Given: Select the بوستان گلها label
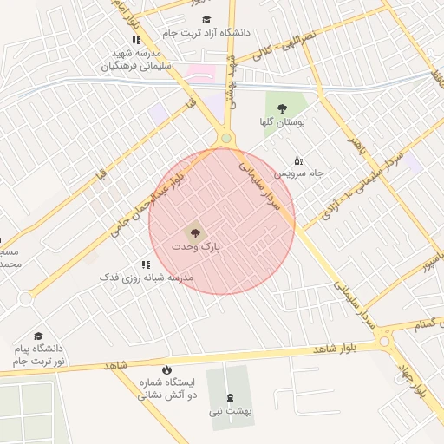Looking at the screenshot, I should point(279,122).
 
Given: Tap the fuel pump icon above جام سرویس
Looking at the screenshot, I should point(298,160).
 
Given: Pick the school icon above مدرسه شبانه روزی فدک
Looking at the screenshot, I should point(145,264).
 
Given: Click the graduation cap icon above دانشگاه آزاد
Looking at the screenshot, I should point(206,19).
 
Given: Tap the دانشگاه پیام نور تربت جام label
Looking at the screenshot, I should point(38,354).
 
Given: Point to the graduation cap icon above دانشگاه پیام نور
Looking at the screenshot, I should point(38,336).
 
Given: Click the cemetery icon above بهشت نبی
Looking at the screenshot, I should point(229,396).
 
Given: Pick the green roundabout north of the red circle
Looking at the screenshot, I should point(226,138).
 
